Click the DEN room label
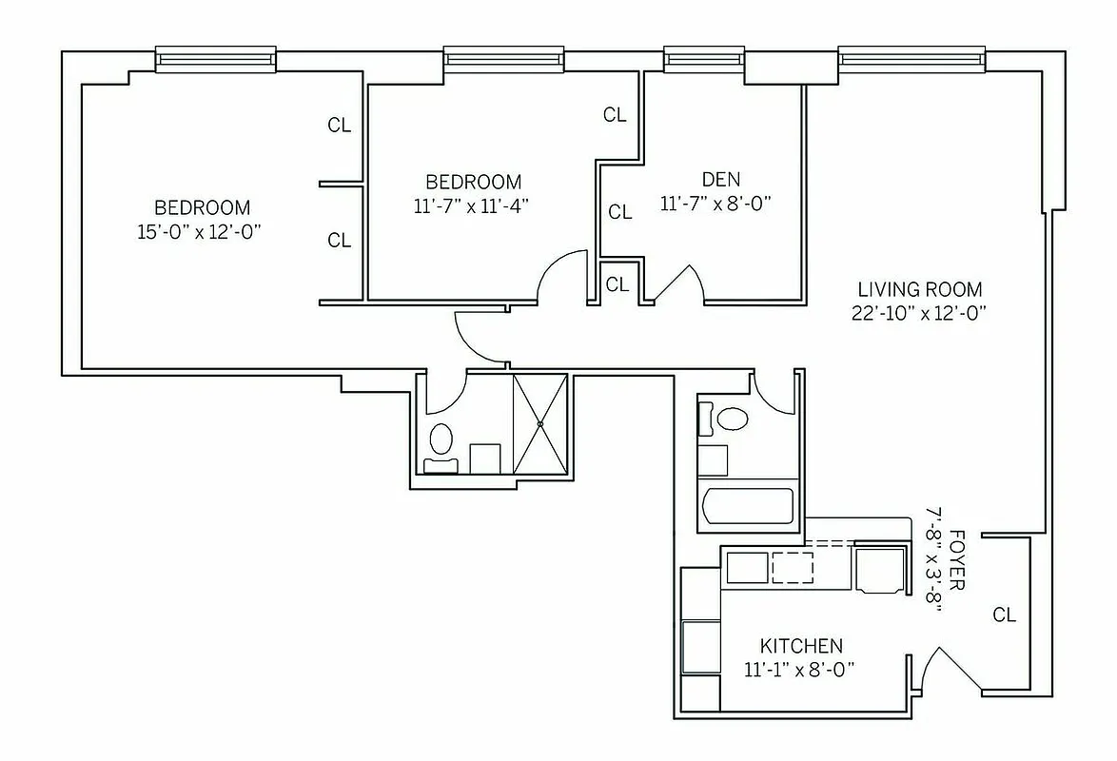tap(720, 179)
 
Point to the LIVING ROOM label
tap(919, 289)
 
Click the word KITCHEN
tap(800, 646)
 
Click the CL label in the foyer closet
tap(1005, 615)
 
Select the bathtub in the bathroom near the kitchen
tap(747, 505)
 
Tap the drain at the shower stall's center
tap(539, 423)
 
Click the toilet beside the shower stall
tap(441, 441)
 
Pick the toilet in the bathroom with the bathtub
tap(732, 419)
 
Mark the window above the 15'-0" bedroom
tap(216, 60)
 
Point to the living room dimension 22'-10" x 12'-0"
tap(919, 313)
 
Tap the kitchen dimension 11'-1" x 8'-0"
tap(800, 669)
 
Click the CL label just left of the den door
tap(617, 283)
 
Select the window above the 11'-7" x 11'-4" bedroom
tap(503, 59)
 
